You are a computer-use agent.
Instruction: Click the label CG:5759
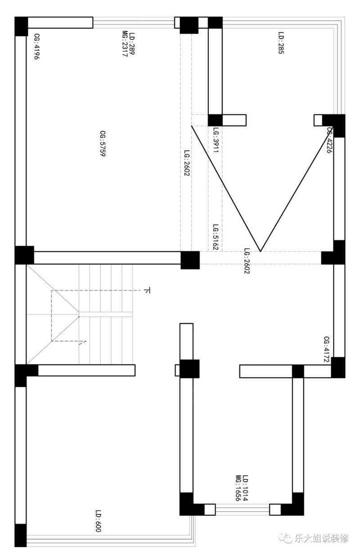(x=103, y=144)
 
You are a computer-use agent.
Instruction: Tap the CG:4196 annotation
(x=36, y=47)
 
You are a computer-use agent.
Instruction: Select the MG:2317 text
(x=125, y=44)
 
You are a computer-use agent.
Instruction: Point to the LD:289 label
(x=132, y=44)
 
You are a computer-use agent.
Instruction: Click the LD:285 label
(x=281, y=43)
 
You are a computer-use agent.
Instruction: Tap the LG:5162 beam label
(x=216, y=237)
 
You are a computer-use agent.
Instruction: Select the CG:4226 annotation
(x=330, y=140)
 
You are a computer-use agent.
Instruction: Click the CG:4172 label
(x=327, y=349)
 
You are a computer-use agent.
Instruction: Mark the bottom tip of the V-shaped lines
(x=261, y=251)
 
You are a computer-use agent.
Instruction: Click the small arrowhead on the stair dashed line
(x=83, y=342)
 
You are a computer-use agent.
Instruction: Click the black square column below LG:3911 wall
(x=215, y=120)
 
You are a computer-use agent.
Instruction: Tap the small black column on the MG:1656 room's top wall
(x=298, y=371)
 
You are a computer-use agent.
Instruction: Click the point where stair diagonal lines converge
(x=79, y=316)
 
